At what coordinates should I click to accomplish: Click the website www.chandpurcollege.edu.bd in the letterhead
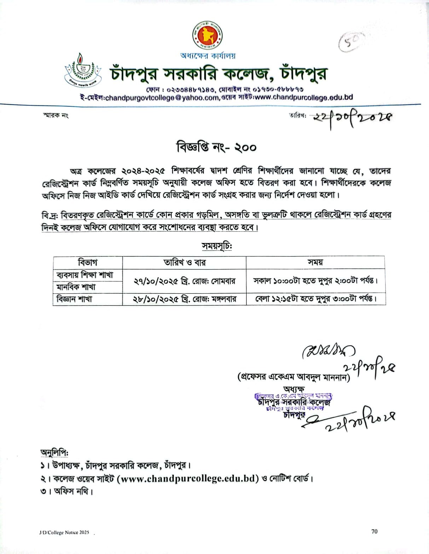(303, 97)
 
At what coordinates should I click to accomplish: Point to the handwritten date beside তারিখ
(352, 119)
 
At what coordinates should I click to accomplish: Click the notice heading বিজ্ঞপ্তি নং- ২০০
(216, 147)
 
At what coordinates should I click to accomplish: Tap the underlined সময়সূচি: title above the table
(216, 246)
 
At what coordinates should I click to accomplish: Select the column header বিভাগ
(88, 263)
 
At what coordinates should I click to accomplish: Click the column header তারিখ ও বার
(184, 263)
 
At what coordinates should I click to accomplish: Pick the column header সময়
(315, 263)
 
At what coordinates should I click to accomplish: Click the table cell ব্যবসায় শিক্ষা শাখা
(85, 275)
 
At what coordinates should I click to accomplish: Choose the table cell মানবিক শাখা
(76, 287)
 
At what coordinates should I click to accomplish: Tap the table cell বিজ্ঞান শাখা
(75, 299)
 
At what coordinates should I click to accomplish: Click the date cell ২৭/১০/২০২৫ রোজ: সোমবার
(184, 281)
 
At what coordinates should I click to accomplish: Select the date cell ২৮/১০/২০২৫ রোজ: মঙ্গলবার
(184, 299)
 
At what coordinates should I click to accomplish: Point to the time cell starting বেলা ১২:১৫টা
(315, 299)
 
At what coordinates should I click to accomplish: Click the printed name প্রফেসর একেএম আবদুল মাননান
(294, 377)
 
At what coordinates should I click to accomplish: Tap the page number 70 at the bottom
(375, 531)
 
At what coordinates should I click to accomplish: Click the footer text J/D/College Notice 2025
(64, 532)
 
